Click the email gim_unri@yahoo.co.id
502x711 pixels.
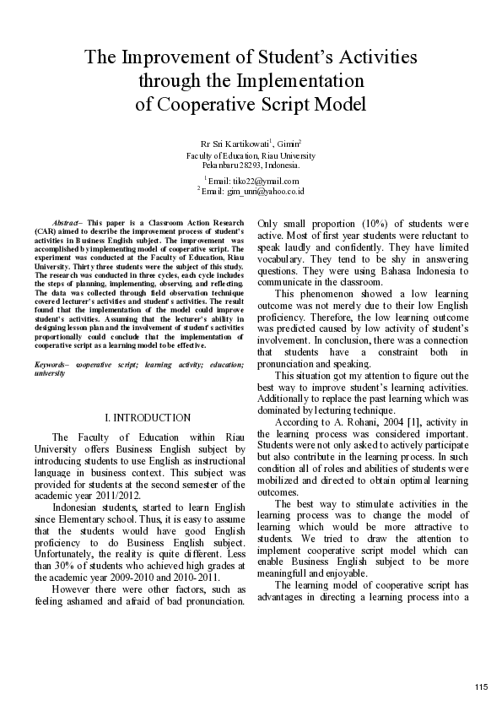click(264, 192)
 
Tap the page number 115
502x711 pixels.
click(481, 686)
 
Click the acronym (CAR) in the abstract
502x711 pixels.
click(47, 230)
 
